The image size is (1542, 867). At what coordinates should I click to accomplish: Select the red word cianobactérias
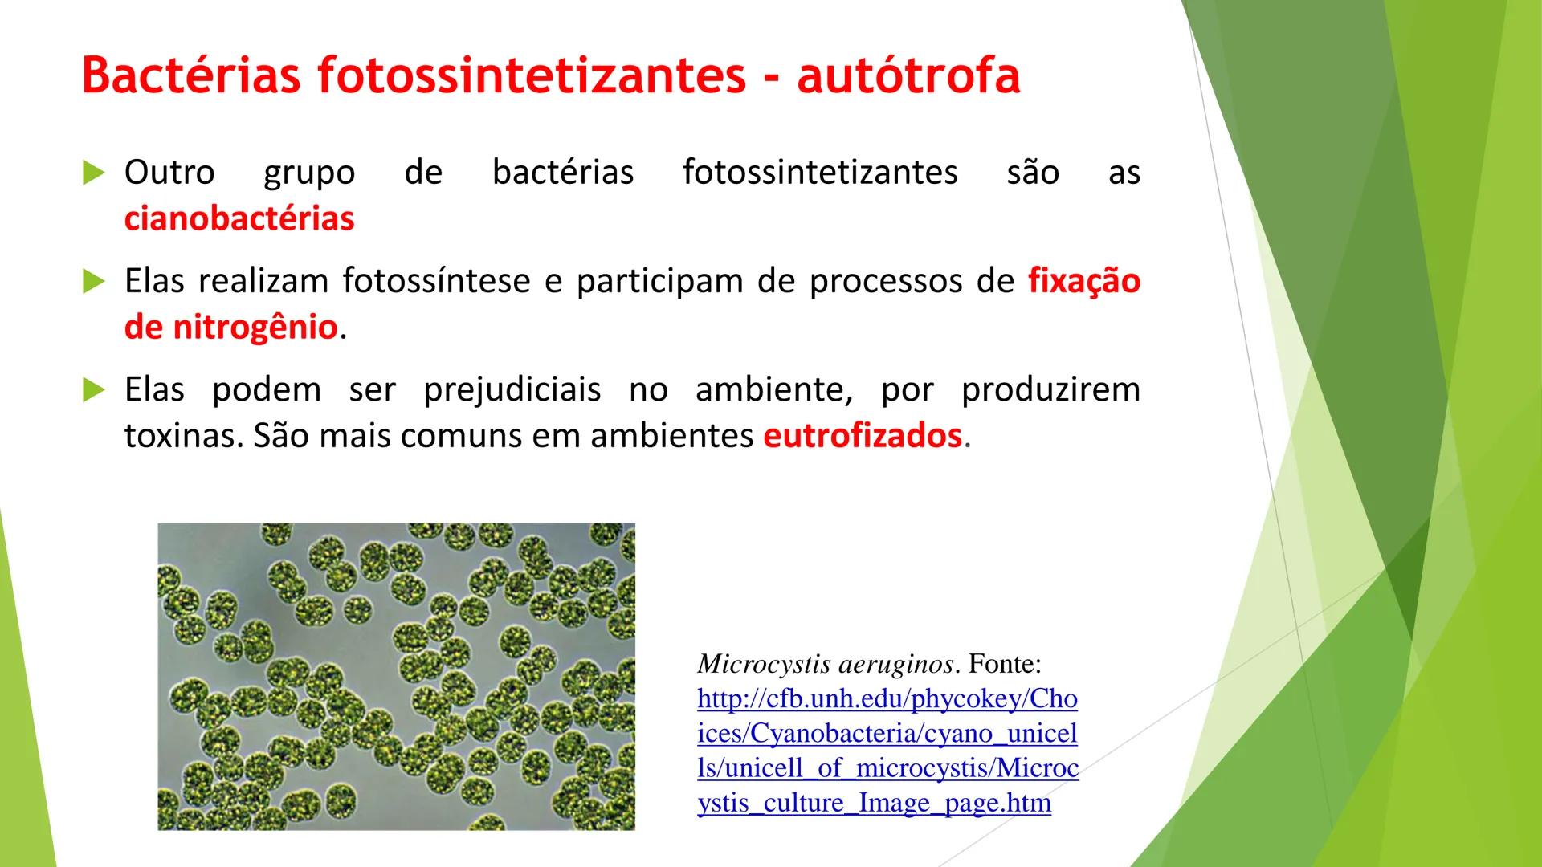pyautogui.click(x=239, y=218)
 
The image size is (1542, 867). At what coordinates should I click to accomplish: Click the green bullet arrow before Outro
pyautogui.click(x=94, y=172)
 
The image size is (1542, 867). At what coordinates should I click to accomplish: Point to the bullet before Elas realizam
pyautogui.click(x=94, y=281)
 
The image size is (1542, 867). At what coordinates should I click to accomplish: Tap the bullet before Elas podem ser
pyautogui.click(x=94, y=390)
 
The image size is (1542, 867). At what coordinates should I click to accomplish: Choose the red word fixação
pyautogui.click(x=1084, y=281)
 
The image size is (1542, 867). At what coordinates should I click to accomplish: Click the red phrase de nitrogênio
pyautogui.click(x=230, y=328)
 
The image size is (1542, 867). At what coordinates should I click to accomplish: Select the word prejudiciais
pyautogui.click(x=512, y=390)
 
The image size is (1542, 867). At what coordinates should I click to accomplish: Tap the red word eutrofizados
pyautogui.click(x=863, y=436)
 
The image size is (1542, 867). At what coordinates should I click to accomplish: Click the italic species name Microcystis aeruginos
pyautogui.click(x=826, y=665)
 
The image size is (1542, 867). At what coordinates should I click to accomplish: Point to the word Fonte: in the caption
pyautogui.click(x=1005, y=664)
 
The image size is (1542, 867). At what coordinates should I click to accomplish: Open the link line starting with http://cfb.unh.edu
pyautogui.click(x=887, y=698)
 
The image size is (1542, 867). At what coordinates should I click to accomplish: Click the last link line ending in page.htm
pyautogui.click(x=875, y=803)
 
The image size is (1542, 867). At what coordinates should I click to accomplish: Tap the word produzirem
pyautogui.click(x=1050, y=390)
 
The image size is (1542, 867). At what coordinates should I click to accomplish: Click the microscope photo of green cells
pyautogui.click(x=396, y=677)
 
